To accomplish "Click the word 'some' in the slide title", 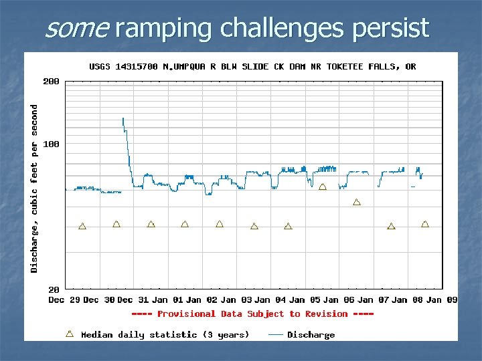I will coord(76,28).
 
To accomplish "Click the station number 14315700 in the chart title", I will coord(137,66).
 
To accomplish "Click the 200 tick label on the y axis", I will coord(51,81).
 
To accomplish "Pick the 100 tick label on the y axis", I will coord(51,144).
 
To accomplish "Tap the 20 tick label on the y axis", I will coord(54,289).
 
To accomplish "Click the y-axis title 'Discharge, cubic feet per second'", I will coord(34,188).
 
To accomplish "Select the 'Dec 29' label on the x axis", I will coord(65,300).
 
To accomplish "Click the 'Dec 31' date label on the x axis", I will coord(134,300).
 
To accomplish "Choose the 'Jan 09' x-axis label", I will coord(443,300).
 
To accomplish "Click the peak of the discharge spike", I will coord(123,118).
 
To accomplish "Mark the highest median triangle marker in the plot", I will coord(323,187).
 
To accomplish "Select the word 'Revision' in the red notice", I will coord(327,314).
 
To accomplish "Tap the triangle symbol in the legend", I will coord(70,333).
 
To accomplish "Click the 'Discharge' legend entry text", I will coord(311,334).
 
